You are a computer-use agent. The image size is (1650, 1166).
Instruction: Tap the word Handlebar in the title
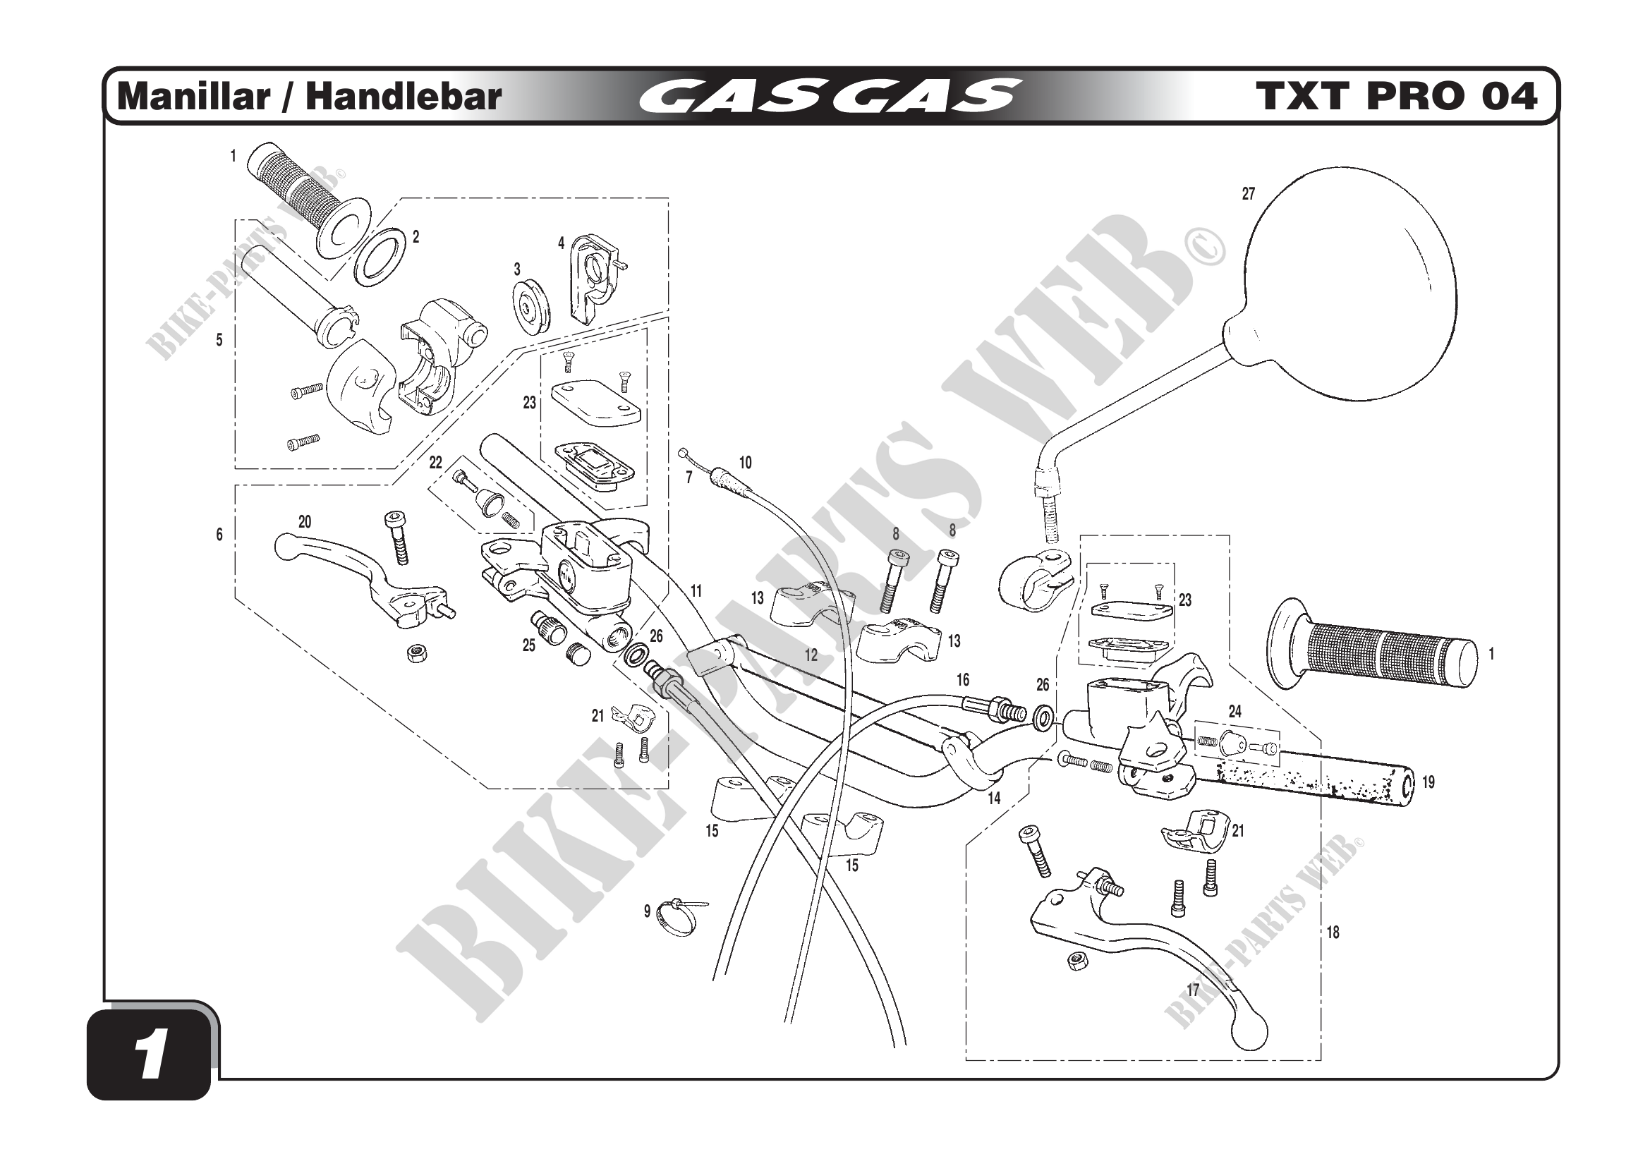pos(404,97)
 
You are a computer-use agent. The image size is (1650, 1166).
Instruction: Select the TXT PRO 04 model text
pos(1395,97)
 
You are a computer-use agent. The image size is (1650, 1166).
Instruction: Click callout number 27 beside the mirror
pos(1249,194)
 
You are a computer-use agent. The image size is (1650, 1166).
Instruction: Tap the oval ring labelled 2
pos(380,254)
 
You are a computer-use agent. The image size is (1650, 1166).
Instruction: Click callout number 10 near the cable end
pos(745,463)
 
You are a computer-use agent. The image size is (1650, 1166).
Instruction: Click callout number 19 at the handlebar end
pos(1428,782)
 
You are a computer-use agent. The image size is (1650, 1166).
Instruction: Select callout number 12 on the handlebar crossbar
pos(811,655)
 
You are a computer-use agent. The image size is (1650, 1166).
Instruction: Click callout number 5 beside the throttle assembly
pos(219,341)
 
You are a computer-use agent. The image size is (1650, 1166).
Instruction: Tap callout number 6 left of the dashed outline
pos(219,535)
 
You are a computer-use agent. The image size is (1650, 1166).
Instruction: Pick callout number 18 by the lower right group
pos(1333,933)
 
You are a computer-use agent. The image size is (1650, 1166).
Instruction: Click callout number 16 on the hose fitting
pos(962,679)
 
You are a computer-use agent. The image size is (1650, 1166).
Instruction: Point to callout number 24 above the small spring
pos(1235,711)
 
